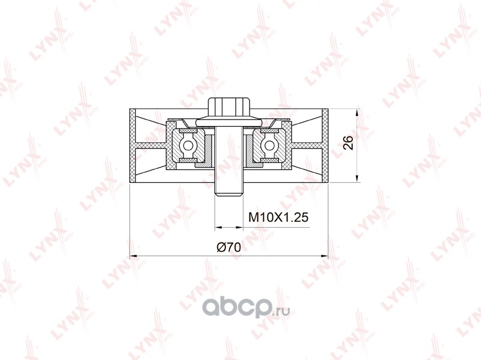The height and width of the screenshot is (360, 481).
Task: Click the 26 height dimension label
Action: [348, 142]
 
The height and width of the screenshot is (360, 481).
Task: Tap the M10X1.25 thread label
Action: [278, 218]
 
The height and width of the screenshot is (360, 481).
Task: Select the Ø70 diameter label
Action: [228, 247]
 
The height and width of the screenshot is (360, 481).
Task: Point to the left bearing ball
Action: [187, 145]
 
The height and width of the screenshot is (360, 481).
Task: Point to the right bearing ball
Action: [269, 145]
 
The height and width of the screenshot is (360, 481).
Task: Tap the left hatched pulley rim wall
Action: [132, 145]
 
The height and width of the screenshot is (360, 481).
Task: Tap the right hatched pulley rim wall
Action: [325, 145]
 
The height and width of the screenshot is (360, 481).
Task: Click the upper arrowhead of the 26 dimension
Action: [357, 112]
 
